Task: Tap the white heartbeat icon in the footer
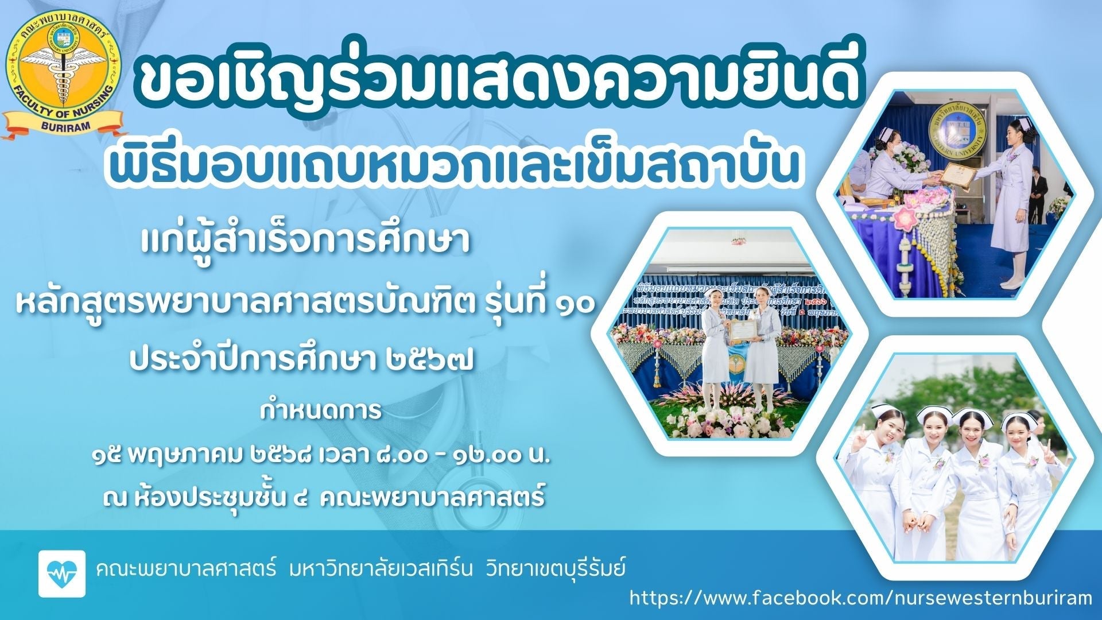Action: pyautogui.click(x=62, y=573)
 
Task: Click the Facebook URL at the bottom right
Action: pyautogui.click(x=860, y=598)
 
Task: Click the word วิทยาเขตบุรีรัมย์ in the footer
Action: pyautogui.click(x=555, y=570)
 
